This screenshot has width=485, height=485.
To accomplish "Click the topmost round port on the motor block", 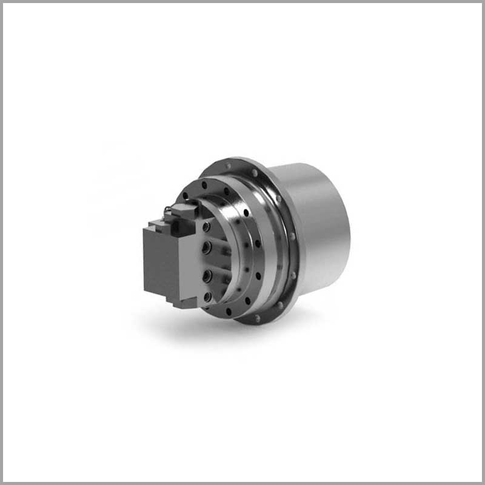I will (206, 226).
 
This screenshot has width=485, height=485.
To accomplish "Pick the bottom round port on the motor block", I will (208, 296).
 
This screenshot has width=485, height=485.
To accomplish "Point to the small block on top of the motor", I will (182, 212).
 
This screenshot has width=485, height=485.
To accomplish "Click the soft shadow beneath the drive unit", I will (200, 327).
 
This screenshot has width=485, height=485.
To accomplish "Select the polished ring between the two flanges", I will (273, 242).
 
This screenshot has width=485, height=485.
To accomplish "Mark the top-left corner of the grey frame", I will (2, 2).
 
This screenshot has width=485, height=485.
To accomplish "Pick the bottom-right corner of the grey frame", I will (482, 482).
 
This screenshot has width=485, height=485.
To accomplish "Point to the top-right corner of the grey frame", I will (482, 2).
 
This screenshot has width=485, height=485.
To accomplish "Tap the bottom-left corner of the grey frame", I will (2, 482).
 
